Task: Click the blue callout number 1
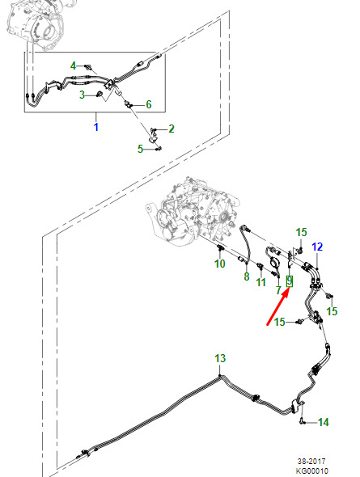(96, 127)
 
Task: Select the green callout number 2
(172, 129)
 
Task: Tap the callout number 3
(82, 95)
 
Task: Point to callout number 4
(73, 65)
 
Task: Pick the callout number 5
(140, 149)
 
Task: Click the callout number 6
(149, 104)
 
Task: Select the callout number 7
(278, 290)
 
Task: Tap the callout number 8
(247, 276)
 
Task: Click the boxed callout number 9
(290, 281)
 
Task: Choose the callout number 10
(220, 264)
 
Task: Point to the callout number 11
(260, 282)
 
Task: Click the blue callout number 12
(317, 247)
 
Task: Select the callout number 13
(220, 358)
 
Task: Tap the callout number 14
(323, 422)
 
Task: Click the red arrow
(277, 307)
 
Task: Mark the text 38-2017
(311, 462)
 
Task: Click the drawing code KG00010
(312, 471)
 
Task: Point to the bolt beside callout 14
(302, 422)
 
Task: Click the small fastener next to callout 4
(88, 66)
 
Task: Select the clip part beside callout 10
(220, 248)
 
